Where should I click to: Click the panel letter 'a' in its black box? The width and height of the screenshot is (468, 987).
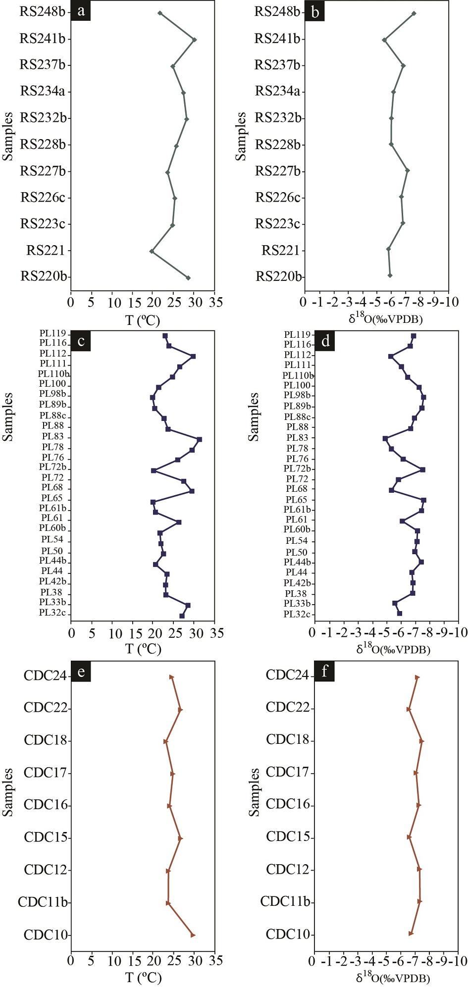tap(81, 11)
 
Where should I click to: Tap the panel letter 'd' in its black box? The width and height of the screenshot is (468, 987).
tap(325, 341)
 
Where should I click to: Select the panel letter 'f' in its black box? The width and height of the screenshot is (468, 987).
tap(324, 672)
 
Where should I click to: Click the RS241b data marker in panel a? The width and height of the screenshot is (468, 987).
tap(194, 40)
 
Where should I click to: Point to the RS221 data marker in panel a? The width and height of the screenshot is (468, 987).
tap(152, 252)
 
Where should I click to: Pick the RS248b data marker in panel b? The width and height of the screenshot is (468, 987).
tap(414, 13)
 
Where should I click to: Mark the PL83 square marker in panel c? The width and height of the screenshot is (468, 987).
tap(199, 439)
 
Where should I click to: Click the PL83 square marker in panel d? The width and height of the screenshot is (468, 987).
tap(385, 438)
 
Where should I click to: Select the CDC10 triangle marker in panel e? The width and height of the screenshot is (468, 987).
tap(193, 935)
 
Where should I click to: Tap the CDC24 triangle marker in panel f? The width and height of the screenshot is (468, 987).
tap(417, 677)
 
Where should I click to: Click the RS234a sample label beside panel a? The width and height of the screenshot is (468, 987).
tap(43, 91)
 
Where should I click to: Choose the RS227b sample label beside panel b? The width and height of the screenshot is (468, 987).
tap(278, 171)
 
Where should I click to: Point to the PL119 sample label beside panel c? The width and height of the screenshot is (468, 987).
tap(52, 333)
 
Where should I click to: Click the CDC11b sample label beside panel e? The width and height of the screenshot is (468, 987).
tap(43, 902)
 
